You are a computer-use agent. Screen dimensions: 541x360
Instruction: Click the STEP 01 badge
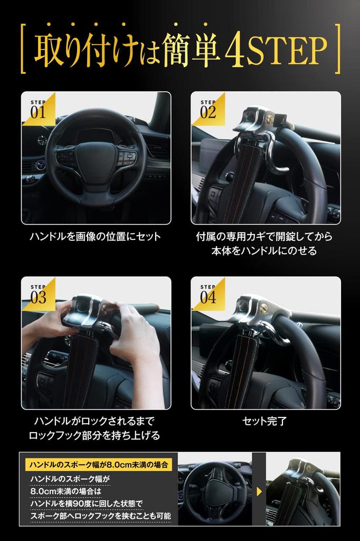pyautogui.click(x=37, y=108)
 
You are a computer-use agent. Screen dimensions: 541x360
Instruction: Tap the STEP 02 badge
pyautogui.click(x=207, y=108)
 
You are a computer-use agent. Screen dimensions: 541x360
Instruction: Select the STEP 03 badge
pyautogui.click(x=37, y=294)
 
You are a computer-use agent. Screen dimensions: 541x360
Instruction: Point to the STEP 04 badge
pyautogui.click(x=207, y=294)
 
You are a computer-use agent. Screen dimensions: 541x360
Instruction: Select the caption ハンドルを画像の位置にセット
pyautogui.click(x=95, y=236)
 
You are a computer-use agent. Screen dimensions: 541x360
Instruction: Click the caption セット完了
pyautogui.click(x=264, y=421)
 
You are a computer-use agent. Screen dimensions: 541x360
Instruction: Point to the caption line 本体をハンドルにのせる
pyautogui.click(x=264, y=251)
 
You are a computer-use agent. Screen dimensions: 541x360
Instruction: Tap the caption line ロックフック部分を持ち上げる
pyautogui.click(x=95, y=436)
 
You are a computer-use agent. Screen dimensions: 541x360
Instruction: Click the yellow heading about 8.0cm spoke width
pyautogui.click(x=99, y=465)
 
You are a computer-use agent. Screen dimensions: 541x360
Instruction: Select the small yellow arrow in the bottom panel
pyautogui.click(x=259, y=491)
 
